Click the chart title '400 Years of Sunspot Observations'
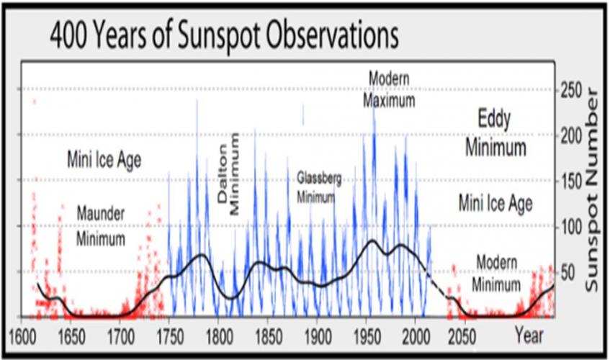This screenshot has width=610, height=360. [x=223, y=35]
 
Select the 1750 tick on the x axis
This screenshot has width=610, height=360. [x=169, y=336]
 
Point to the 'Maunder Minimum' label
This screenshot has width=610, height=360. [x=101, y=226]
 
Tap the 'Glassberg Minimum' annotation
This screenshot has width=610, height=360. [x=318, y=187]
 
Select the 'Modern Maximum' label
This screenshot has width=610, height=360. [x=389, y=89]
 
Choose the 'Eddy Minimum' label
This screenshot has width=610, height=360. [x=495, y=134]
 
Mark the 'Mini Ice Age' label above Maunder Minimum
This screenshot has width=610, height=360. [x=104, y=159]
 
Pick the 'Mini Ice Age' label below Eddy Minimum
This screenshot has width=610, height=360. [x=495, y=203]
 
